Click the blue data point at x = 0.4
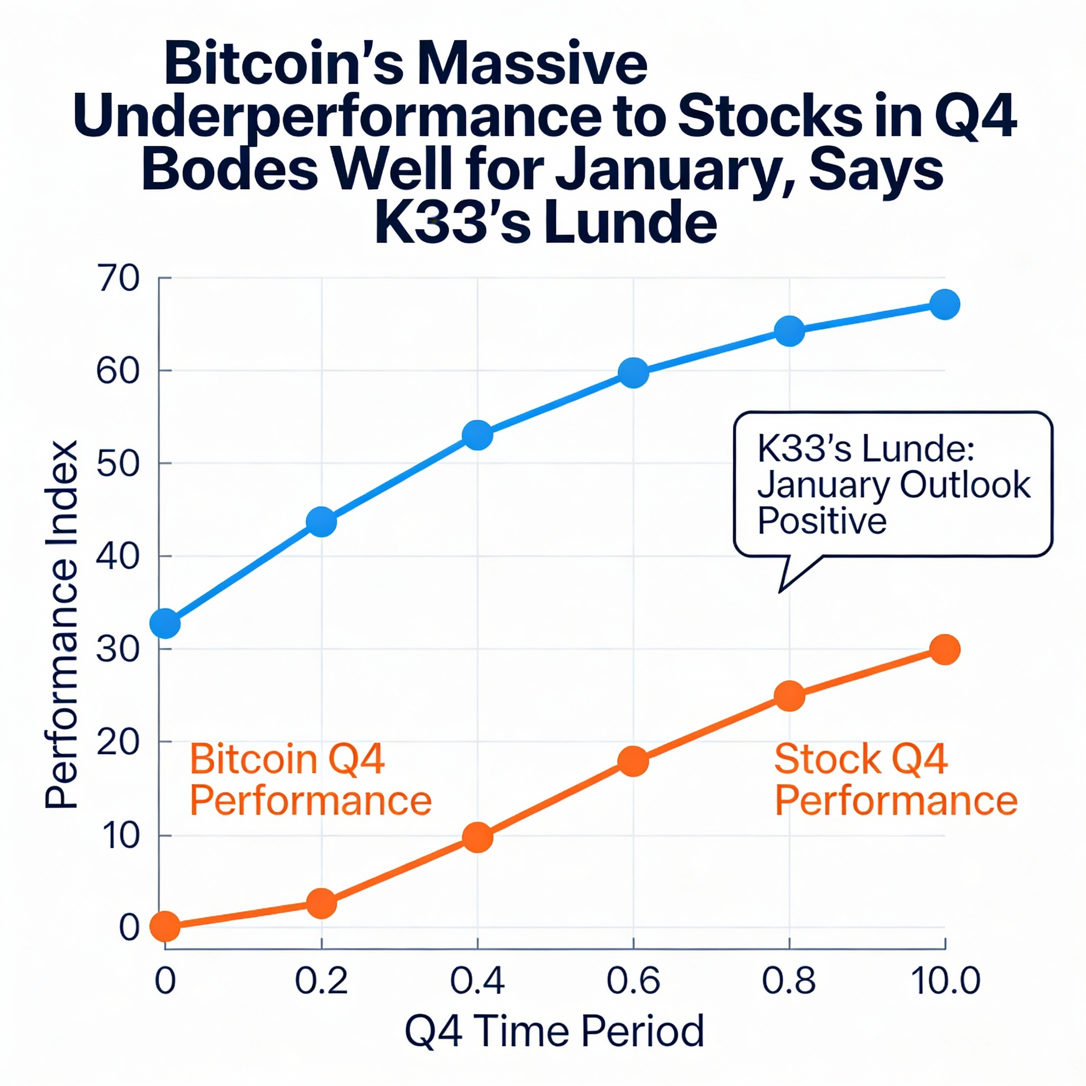[477, 435]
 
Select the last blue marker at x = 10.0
[945, 305]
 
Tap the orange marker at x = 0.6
[634, 761]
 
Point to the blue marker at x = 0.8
[789, 331]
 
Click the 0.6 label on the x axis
[633, 982]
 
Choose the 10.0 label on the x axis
[945, 982]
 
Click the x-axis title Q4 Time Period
[554, 1031]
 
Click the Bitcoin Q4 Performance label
[310, 780]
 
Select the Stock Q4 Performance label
[896, 780]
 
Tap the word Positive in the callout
[822, 521]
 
